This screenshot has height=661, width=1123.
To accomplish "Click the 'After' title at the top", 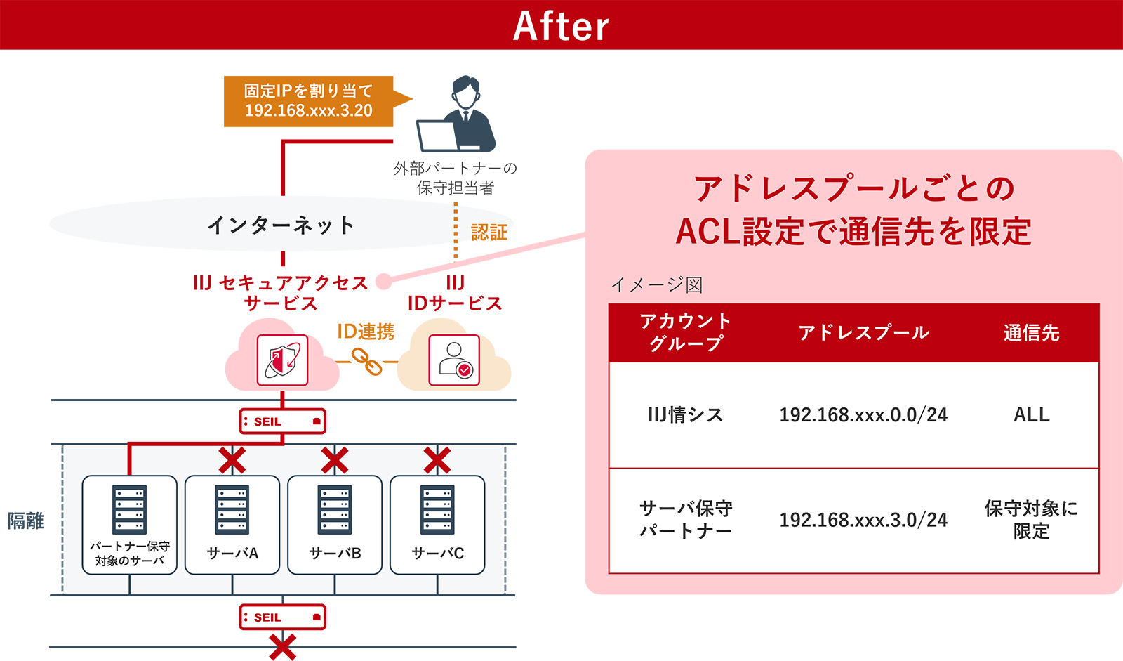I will tap(561, 27).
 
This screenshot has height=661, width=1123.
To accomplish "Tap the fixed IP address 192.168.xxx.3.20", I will tap(308, 110).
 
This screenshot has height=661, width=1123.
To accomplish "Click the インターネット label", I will tap(281, 225).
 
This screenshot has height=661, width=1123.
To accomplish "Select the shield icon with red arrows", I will tap(282, 360).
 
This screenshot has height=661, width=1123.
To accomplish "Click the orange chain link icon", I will tap(366, 361).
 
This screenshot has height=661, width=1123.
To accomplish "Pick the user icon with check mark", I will tap(454, 360).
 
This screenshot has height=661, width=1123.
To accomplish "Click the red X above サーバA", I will tap(232, 461).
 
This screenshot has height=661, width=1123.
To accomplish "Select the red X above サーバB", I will tap(335, 461).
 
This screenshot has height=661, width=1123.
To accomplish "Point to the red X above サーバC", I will tap(437, 461).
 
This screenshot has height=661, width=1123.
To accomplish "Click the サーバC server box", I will tap(437, 525).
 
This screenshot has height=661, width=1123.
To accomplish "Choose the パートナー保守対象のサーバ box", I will tap(130, 525).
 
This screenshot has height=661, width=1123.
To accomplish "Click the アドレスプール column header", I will tap(863, 333).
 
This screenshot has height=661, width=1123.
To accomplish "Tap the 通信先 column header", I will tap(1031, 333).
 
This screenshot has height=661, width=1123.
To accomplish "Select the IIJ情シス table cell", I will tap(685, 415).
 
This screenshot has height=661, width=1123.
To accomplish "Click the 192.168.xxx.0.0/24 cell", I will tap(863, 415).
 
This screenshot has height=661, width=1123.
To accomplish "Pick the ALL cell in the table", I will tap(1031, 415).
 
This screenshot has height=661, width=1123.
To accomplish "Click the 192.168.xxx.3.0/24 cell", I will tap(863, 520).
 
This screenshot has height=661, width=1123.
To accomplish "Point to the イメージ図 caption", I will tap(656, 284).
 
